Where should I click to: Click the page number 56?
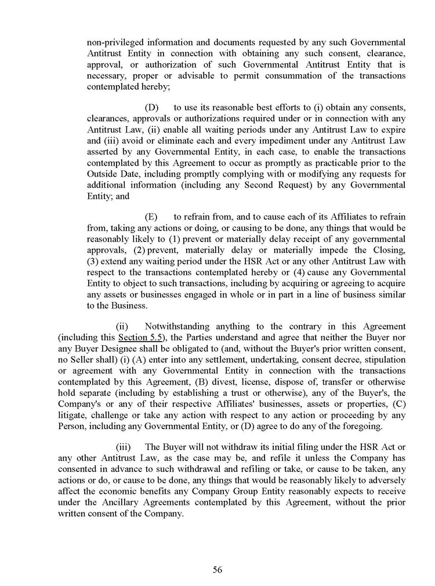pos(217,569)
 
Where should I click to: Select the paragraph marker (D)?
pos(151,108)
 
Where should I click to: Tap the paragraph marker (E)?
pos(151,217)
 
